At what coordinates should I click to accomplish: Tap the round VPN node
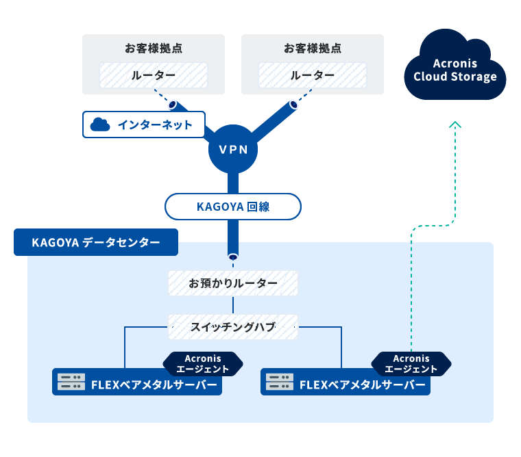point(233,149)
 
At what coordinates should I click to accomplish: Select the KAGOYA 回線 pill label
point(233,207)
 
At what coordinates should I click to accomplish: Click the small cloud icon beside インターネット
point(101,125)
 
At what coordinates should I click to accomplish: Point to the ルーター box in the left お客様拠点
point(154,75)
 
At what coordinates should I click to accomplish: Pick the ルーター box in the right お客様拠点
point(313,75)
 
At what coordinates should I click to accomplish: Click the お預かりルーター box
point(233,283)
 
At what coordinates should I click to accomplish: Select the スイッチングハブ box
point(233,327)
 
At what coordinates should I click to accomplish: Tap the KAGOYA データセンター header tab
point(96,242)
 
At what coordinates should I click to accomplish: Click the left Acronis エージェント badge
point(203,364)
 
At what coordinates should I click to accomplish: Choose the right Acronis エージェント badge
point(411,364)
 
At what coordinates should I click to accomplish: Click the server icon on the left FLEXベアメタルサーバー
point(71,382)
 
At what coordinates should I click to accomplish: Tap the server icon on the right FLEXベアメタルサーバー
point(280,382)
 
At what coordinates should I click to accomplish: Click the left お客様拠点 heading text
point(154,49)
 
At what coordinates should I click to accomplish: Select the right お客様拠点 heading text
point(313,49)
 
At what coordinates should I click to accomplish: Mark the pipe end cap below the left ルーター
point(173,105)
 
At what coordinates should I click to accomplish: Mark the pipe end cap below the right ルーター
point(293,105)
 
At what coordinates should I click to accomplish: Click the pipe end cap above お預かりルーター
point(233,257)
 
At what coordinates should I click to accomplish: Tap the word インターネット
point(151,125)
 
